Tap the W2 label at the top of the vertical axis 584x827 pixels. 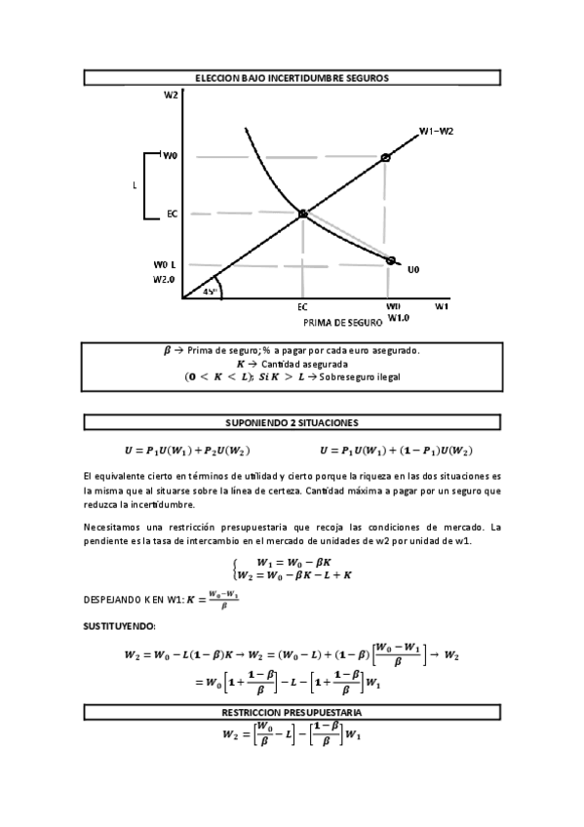tap(171, 95)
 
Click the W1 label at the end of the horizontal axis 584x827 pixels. tap(441, 306)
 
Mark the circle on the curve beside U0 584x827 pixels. tap(391, 260)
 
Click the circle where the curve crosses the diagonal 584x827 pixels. tap(302, 214)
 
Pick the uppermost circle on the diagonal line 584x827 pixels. tap(386, 157)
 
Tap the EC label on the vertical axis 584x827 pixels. tap(172, 214)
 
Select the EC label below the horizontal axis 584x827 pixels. tap(302, 306)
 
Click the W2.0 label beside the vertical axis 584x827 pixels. tap(163, 279)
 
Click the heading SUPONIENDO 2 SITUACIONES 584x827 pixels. tap(292, 422)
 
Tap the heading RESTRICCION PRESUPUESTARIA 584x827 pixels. tap(292, 714)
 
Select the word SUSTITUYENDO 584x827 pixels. tap(112, 624)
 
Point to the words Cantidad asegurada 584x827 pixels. tap(302, 363)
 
